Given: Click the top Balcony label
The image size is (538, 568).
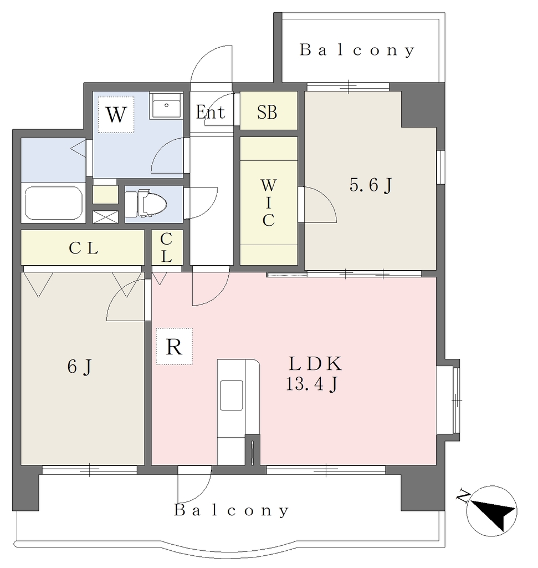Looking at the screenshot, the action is [x=357, y=50].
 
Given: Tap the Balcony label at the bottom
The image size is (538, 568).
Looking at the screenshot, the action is [x=231, y=510].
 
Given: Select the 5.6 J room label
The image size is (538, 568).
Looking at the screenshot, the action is [x=371, y=185].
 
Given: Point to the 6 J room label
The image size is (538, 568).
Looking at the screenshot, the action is [x=80, y=367].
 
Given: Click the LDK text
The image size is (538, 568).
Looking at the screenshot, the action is [x=315, y=364].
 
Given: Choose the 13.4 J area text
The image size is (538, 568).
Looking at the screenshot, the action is [x=312, y=384].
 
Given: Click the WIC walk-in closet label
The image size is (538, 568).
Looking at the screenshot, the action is [x=269, y=203].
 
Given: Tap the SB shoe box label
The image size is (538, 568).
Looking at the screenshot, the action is [x=267, y=112].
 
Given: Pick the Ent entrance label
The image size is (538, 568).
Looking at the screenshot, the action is [x=210, y=112].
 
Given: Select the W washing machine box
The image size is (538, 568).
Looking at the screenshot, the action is [x=116, y=114].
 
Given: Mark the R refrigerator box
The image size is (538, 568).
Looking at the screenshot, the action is [x=174, y=346].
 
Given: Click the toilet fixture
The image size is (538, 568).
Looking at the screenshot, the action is [x=146, y=204].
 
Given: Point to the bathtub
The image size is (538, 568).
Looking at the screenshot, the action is [x=53, y=203].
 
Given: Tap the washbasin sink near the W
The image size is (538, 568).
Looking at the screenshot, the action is [x=166, y=105].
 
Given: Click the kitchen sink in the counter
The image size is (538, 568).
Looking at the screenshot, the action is [x=231, y=395].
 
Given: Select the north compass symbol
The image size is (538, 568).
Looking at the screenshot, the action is [x=491, y=510].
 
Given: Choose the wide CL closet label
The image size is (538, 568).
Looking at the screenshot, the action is [x=83, y=248].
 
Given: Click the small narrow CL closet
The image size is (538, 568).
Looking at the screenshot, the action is [x=167, y=247].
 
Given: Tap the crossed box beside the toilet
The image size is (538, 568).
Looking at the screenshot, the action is [x=105, y=217].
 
